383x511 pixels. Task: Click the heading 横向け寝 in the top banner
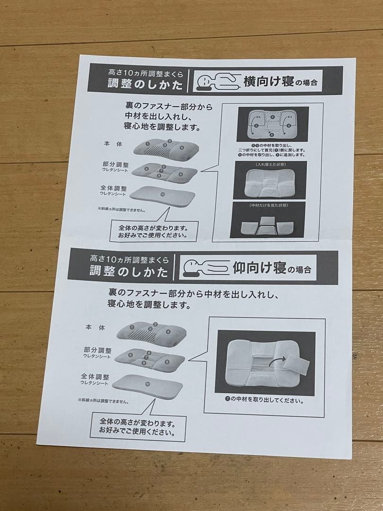pos(268,81)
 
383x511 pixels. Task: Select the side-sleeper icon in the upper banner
pos(218,82)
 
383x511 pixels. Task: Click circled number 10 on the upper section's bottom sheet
pos(162,194)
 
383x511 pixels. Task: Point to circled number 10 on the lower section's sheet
pos(148,383)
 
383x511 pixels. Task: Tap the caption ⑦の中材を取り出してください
pos(264,400)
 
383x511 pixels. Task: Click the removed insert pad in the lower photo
pos(298,367)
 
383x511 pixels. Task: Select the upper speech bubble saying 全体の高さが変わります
pos(151,230)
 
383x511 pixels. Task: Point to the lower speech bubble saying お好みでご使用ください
pos(138,427)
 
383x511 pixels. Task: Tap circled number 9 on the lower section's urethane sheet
pos(167,362)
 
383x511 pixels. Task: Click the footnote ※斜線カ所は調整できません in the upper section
pos(122,209)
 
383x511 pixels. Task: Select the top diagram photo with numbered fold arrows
pos(272,124)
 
